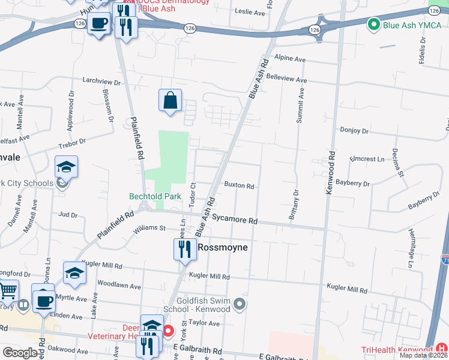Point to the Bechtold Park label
(x=155, y=196)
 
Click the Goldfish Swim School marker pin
(x=240, y=305)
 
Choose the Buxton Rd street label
(x=240, y=186)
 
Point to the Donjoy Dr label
(x=354, y=130)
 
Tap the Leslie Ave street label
(x=250, y=12)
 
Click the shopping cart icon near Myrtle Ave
(x=7, y=291)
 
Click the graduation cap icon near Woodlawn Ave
(x=74, y=272)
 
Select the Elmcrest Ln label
(x=367, y=160)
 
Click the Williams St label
(x=149, y=228)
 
